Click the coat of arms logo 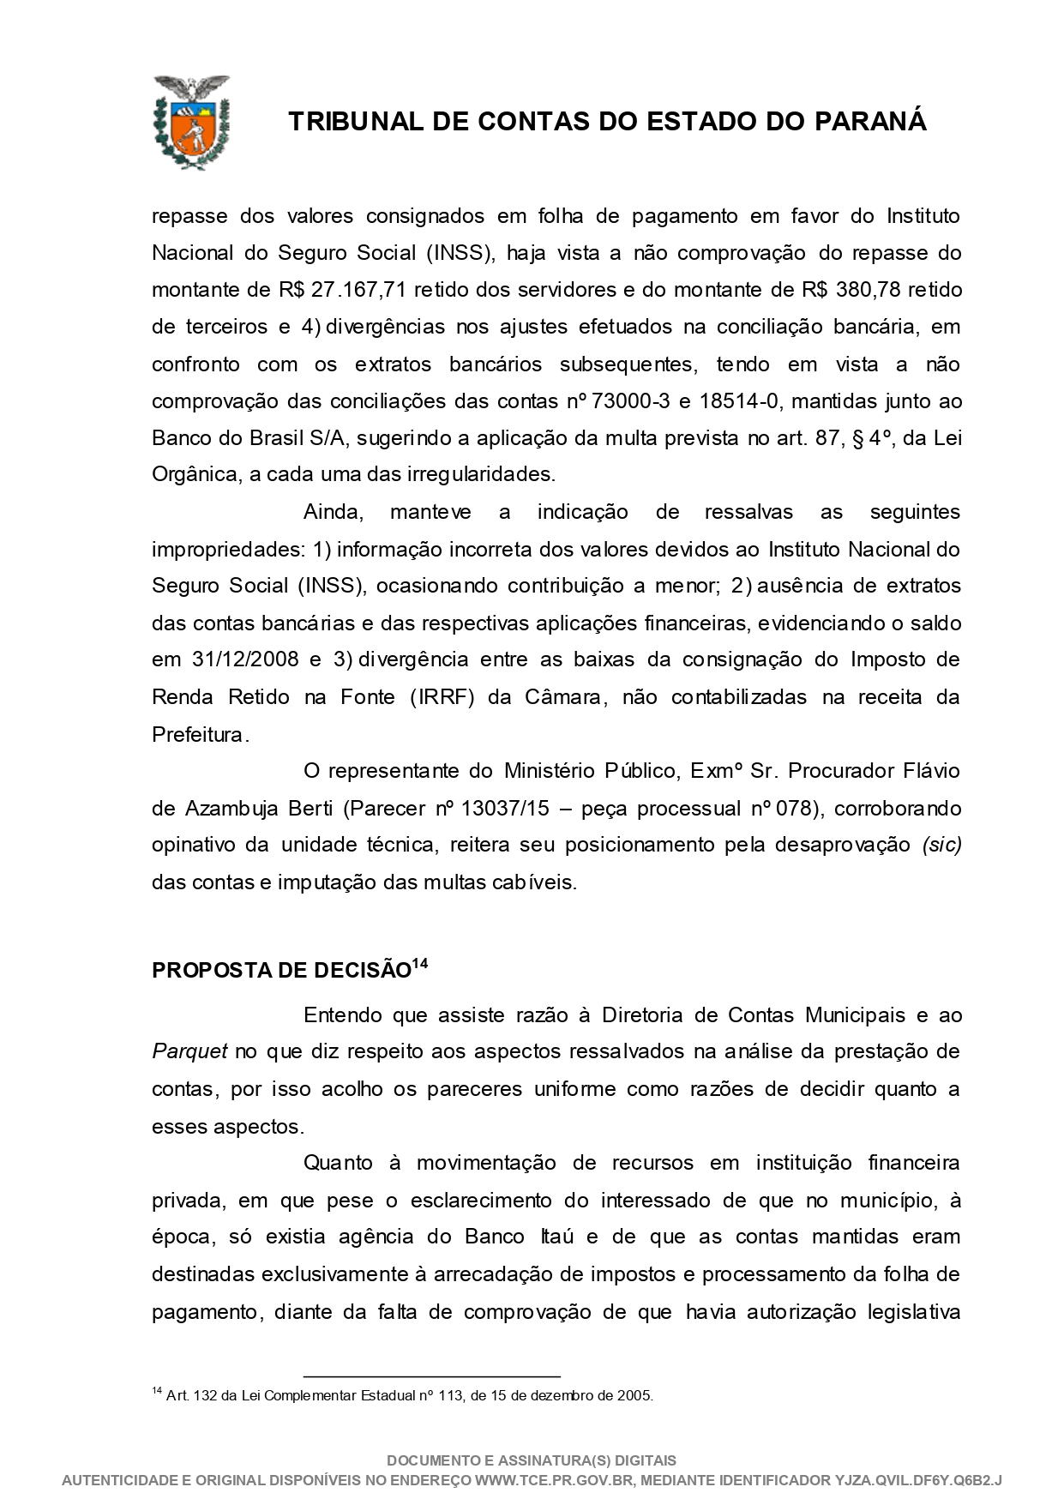pyautogui.click(x=190, y=122)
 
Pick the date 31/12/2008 pyautogui.click(x=242, y=660)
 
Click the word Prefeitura pyautogui.click(x=199, y=735)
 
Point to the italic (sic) pyautogui.click(x=941, y=846)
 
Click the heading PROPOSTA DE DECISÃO pyautogui.click(x=281, y=971)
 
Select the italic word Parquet pyautogui.click(x=189, y=1052)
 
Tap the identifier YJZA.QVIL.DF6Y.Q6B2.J pyautogui.click(x=918, y=1480)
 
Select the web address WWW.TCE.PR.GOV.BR pyautogui.click(x=554, y=1480)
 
